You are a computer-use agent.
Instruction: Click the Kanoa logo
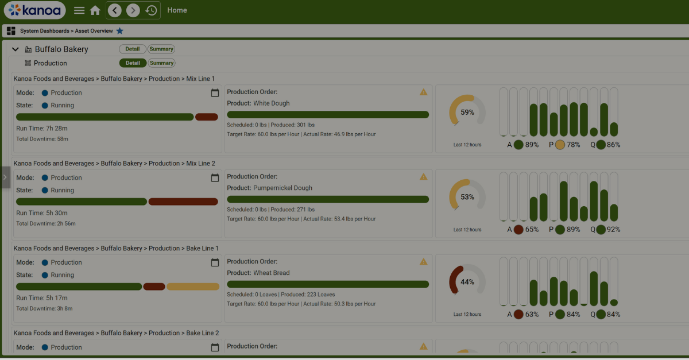34,10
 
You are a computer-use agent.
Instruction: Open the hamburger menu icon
79,10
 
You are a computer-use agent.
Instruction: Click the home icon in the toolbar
95,10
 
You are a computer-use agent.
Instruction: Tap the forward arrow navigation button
133,10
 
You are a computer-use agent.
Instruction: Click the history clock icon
151,10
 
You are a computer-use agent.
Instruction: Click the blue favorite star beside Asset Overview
120,31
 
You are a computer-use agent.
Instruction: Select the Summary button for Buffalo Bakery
161,49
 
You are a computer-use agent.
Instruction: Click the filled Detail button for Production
133,63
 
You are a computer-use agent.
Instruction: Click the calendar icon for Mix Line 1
215,93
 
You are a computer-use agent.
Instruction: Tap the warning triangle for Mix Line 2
423,177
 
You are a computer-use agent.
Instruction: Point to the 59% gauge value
467,113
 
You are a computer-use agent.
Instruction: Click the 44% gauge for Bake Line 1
467,282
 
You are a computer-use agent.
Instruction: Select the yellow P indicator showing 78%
560,145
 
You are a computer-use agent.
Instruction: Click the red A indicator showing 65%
518,230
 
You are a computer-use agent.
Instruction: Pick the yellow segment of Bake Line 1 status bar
193,287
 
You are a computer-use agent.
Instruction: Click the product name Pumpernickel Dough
282,188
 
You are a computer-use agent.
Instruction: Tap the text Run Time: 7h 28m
42,128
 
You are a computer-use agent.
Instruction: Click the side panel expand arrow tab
5,177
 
